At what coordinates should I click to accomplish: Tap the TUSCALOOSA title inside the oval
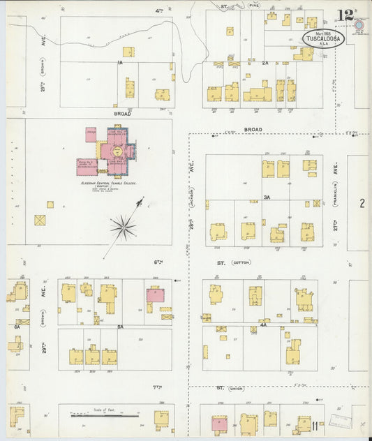coord(323,38)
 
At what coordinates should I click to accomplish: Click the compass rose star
coord(124,225)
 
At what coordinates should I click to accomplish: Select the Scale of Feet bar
coord(105,416)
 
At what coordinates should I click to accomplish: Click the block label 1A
coord(120,63)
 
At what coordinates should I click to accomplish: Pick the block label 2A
coord(265,63)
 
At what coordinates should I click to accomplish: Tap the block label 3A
coord(267,197)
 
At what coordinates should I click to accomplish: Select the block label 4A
coord(264,324)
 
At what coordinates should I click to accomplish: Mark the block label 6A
coord(17,325)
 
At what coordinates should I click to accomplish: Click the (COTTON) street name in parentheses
coord(241,262)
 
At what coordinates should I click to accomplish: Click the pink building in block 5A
coord(155,295)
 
